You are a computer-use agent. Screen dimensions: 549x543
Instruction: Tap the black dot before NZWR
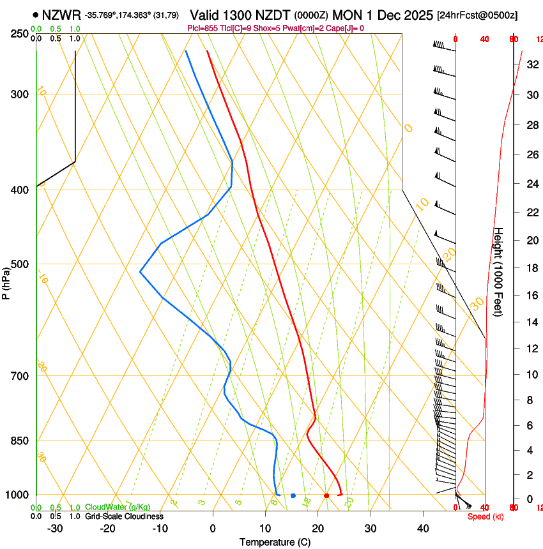pyautogui.click(x=34, y=15)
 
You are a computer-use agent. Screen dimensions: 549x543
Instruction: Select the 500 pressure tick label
pyautogui.click(x=20, y=264)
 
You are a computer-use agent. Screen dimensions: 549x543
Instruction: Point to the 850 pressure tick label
pyautogui.click(x=20, y=441)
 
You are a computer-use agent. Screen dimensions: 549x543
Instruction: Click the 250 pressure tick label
pyautogui.click(x=20, y=34)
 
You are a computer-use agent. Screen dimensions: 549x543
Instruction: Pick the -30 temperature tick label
pyautogui.click(x=55, y=529)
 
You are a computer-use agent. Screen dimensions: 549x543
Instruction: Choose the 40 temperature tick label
pyautogui.click(x=423, y=529)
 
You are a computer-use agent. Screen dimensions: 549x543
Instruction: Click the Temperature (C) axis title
pyautogui.click(x=275, y=542)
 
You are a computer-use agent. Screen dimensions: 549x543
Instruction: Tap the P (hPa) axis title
pyautogui.click(x=6, y=281)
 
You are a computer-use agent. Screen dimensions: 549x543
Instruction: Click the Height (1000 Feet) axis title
pyautogui.click(x=499, y=272)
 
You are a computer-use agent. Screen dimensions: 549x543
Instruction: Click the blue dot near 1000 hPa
pyautogui.click(x=293, y=495)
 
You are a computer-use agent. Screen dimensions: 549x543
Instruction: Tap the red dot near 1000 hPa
pyautogui.click(x=326, y=495)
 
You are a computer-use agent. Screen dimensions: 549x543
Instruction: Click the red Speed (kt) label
pyautogui.click(x=485, y=516)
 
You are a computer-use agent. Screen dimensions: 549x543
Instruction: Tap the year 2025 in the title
pyautogui.click(x=415, y=15)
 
